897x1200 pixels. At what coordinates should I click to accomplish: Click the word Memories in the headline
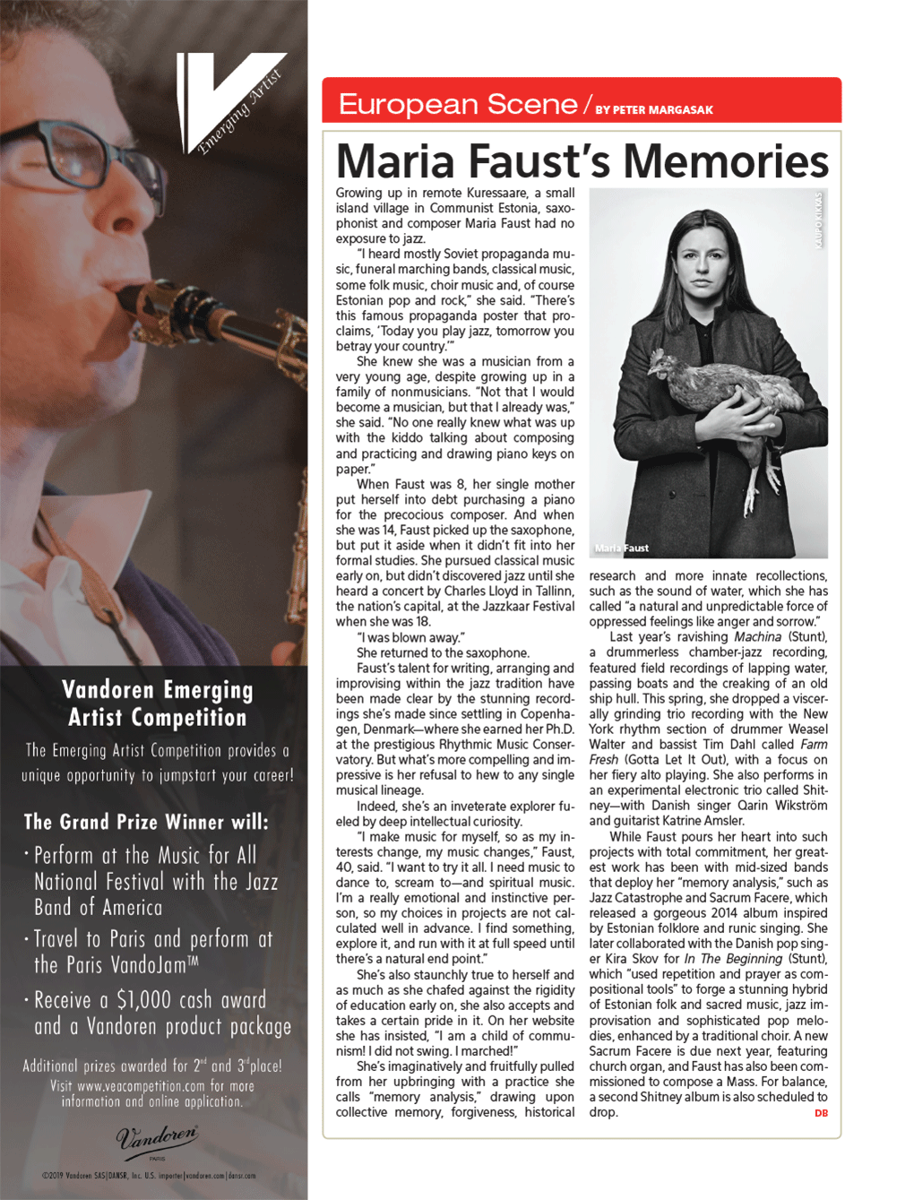[725, 161]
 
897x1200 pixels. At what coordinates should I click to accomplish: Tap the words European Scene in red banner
[457, 105]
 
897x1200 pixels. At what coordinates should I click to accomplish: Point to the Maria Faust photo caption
[621, 548]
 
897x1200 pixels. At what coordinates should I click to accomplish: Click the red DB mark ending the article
[821, 1113]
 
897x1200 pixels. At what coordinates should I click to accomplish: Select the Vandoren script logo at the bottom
[157, 1138]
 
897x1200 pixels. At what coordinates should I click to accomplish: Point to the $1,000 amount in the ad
[147, 1000]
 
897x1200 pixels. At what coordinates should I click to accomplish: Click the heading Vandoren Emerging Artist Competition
[158, 704]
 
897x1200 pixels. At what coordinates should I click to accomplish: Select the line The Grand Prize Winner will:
[146, 822]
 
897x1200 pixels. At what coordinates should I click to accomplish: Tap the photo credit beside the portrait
[818, 220]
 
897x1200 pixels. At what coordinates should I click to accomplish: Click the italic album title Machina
[757, 637]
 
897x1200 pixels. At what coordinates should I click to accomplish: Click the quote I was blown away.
[410, 637]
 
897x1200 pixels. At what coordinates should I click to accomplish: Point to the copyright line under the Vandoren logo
[149, 1176]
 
